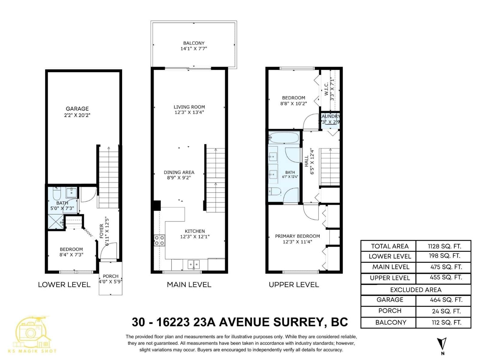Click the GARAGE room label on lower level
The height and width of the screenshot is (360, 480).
point(77,109)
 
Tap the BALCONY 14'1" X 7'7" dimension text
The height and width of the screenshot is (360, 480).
point(194,49)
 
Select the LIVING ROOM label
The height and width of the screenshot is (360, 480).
point(189,107)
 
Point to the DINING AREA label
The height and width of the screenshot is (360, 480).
point(179,172)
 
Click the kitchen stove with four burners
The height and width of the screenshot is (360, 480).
point(159,240)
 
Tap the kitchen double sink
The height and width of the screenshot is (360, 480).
point(193,264)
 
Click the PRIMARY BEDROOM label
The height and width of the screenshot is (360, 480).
point(297,236)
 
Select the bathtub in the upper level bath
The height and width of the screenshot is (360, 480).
point(284,138)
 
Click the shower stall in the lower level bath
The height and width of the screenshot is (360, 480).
point(56,222)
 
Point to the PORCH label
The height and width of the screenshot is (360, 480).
point(110,276)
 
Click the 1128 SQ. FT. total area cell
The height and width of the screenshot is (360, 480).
point(444,246)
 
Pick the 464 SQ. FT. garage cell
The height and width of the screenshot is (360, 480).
point(446,300)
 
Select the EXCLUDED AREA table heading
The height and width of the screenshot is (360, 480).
point(415,290)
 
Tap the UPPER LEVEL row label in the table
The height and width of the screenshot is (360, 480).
point(389,278)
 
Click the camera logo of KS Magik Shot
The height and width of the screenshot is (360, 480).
point(31,332)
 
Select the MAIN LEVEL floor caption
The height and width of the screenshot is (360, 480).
point(189,285)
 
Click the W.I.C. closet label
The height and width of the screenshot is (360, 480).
point(326,89)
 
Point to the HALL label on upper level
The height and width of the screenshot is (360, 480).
point(306,161)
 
